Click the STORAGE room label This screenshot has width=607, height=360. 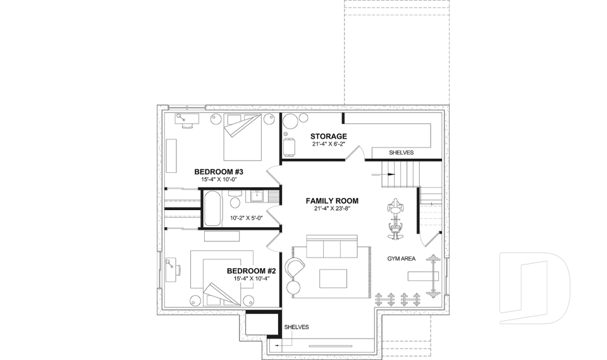(328, 136)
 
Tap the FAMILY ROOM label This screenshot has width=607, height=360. (331, 201)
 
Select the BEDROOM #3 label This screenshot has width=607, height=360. (219, 171)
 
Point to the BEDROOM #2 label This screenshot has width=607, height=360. (252, 271)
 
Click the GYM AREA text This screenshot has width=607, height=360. (402, 259)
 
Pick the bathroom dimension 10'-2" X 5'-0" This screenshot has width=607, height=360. (246, 218)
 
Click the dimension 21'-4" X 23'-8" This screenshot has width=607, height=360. (332, 209)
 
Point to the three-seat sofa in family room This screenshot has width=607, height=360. (332, 248)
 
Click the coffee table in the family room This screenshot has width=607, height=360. (333, 279)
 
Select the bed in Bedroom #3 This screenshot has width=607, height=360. (242, 137)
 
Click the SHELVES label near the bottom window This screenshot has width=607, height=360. (297, 327)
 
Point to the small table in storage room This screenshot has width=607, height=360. (290, 147)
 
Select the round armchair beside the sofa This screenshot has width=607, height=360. (295, 268)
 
